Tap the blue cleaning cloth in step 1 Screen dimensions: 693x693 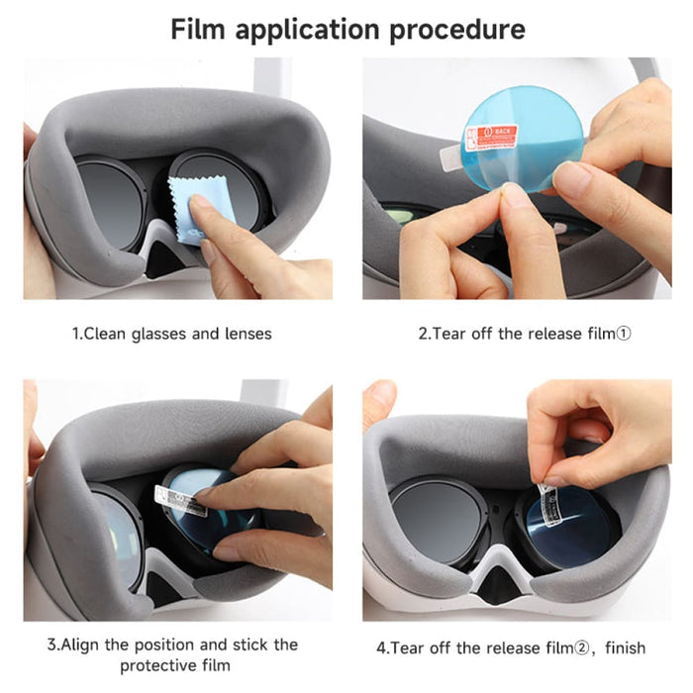202,212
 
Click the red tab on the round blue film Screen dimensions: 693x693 489,137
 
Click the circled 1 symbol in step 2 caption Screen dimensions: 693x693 623,334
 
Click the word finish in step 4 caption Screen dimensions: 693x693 621,648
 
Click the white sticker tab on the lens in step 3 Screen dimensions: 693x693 180,500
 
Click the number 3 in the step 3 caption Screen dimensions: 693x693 51,644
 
